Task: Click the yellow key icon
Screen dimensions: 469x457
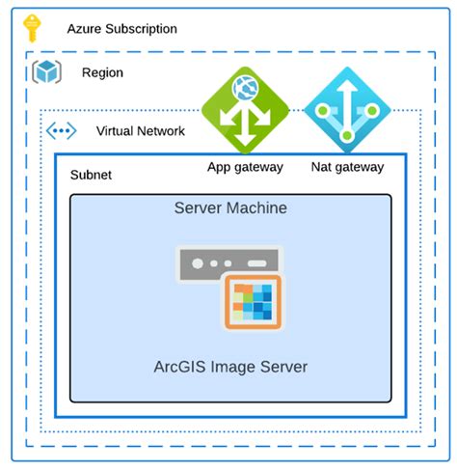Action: click(33, 28)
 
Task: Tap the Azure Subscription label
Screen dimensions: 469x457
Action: click(121, 29)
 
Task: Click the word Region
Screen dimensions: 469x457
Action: click(102, 72)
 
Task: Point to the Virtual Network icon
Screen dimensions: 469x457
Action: click(62, 130)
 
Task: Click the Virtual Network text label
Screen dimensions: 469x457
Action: click(140, 130)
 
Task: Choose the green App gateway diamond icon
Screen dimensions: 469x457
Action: click(245, 110)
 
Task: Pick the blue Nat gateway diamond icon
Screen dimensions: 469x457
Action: click(348, 110)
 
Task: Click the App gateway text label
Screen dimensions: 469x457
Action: click(245, 167)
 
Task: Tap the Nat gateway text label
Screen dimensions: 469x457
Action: click(348, 167)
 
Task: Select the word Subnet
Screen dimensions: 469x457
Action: click(91, 176)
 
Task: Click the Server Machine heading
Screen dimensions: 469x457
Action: click(230, 208)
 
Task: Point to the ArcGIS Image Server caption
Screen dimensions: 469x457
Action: click(230, 367)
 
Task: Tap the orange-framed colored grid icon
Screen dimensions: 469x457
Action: click(253, 302)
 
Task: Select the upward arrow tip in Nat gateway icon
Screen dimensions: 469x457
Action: click(348, 86)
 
